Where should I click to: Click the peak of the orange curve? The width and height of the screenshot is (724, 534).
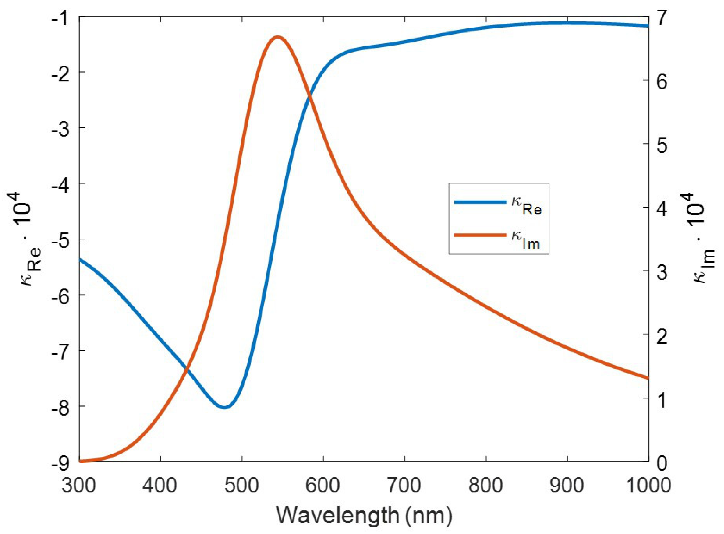click(277, 37)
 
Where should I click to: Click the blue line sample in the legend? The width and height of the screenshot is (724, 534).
click(480, 202)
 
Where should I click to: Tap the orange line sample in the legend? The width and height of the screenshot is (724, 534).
click(480, 235)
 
